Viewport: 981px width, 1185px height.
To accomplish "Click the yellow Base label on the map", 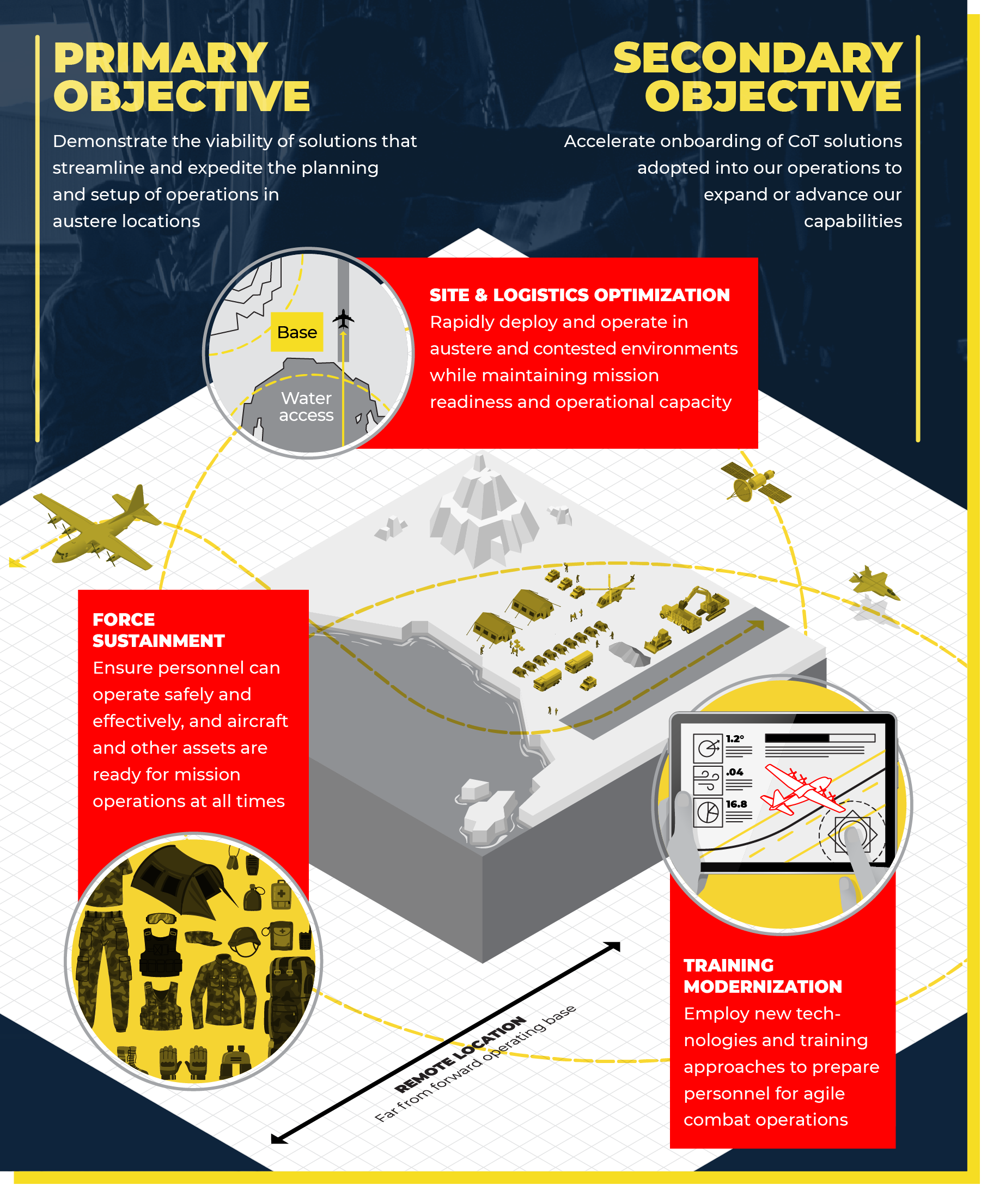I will [297, 332].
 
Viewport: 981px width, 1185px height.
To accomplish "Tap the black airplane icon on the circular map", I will [343, 319].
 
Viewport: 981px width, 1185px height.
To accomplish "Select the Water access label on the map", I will [306, 406].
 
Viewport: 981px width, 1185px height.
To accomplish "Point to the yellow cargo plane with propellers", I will [96, 528].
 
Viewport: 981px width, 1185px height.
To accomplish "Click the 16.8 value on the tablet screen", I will [736, 804].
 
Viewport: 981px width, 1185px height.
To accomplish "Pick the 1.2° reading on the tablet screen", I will [734, 738].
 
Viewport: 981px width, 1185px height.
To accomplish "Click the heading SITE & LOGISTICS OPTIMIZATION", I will [579, 295].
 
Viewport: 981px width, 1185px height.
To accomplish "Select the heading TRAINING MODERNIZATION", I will [762, 976].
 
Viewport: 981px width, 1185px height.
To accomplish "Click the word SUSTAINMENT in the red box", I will [159, 641].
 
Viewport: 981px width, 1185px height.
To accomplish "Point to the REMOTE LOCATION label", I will [460, 1055].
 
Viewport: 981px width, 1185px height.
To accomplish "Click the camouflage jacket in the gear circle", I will [224, 991].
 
